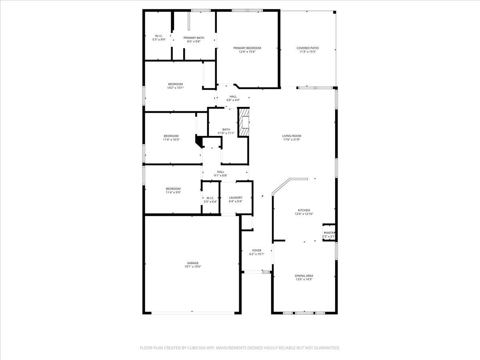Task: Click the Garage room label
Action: click(192, 263)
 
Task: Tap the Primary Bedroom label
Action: click(247, 48)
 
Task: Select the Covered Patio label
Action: click(308, 48)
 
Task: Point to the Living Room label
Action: click(291, 136)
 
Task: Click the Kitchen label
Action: click(304, 210)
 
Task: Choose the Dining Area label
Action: click(304, 276)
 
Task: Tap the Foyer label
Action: click(256, 250)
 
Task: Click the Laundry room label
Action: click(235, 198)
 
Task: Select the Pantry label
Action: click(330, 233)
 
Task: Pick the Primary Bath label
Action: click(194, 38)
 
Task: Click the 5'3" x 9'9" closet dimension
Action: click(158, 40)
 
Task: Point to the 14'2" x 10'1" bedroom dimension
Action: click(175, 88)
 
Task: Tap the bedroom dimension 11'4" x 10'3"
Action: click(171, 140)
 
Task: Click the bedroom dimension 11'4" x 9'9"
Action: click(173, 192)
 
